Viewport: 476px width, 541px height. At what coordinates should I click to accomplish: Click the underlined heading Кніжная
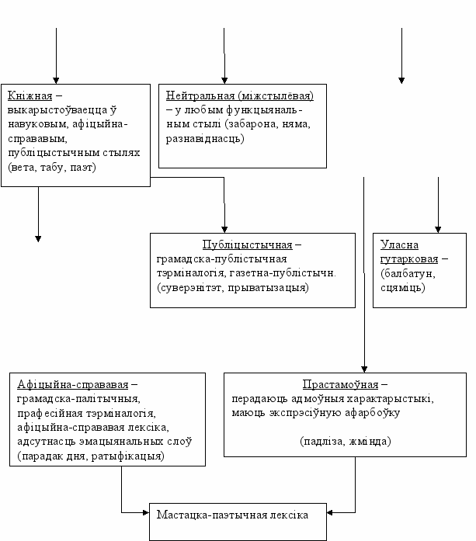pyautogui.click(x=30, y=95)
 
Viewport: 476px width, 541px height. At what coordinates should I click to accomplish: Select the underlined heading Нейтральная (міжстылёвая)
pyautogui.click(x=240, y=95)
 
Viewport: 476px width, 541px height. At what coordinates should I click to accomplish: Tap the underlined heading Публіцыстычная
pyautogui.click(x=247, y=244)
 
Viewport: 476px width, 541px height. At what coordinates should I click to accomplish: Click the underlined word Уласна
pyautogui.click(x=399, y=244)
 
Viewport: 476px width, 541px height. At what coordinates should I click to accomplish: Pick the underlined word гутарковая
pyautogui.click(x=409, y=258)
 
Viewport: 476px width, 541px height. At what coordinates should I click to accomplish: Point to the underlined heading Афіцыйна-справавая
pyautogui.click(x=72, y=384)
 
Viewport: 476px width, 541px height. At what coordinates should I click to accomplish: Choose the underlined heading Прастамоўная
pyautogui.click(x=340, y=384)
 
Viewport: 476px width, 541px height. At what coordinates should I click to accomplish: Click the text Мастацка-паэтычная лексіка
pyautogui.click(x=232, y=515)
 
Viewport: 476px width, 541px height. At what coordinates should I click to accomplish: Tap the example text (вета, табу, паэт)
pyautogui.click(x=52, y=168)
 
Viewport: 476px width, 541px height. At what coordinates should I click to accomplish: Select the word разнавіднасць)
pyautogui.click(x=205, y=139)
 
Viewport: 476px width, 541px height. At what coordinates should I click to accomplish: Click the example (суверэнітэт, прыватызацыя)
pyautogui.click(x=233, y=287)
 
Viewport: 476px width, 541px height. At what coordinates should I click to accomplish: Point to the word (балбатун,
pyautogui.click(x=408, y=273)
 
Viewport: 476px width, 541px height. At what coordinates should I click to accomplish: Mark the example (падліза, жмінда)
pyautogui.click(x=346, y=442)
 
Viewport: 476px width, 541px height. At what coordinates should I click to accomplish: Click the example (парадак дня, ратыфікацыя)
pyautogui.click(x=91, y=456)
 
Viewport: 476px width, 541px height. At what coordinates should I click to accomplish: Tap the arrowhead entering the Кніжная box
pyautogui.click(x=56, y=81)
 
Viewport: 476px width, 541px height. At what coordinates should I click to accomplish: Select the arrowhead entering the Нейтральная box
pyautogui.click(x=224, y=81)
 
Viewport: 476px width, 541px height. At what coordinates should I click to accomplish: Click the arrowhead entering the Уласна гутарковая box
pyautogui.click(x=438, y=230)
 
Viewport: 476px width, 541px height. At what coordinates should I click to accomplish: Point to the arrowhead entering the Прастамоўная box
pyautogui.click(x=364, y=369)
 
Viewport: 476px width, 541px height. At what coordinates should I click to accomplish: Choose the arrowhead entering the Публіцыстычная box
pyautogui.click(x=224, y=230)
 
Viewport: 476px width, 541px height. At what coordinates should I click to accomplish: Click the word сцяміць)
pyautogui.click(x=403, y=287)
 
